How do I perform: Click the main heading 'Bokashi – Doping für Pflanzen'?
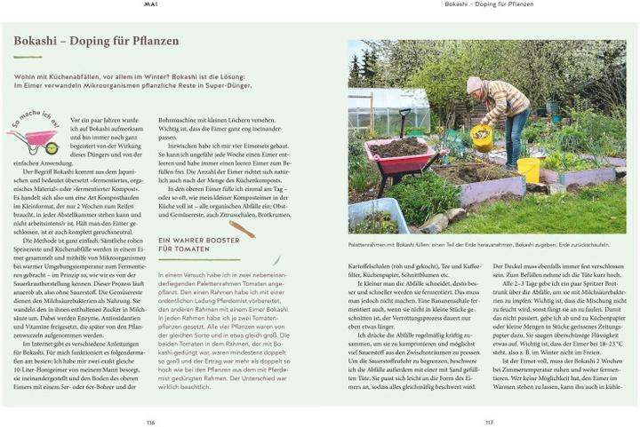pos(97,42)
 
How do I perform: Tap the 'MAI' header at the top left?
pos(151,4)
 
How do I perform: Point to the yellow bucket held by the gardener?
pos(482,137)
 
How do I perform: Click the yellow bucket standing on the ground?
pos(529,170)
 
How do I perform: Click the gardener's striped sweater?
pos(505,100)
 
